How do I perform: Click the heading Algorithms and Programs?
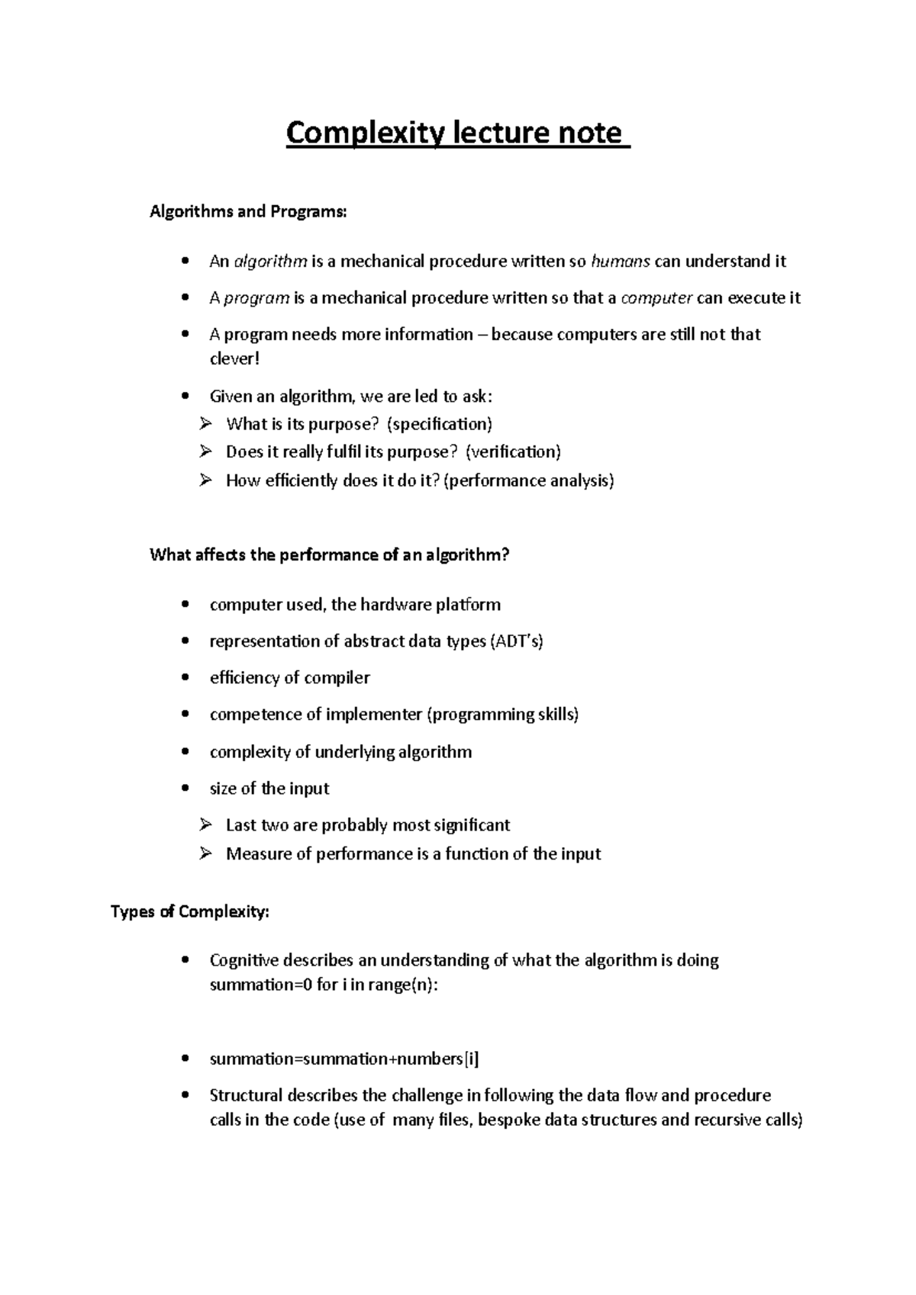coord(247,212)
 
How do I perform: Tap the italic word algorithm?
coord(270,262)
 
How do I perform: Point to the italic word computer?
coord(656,298)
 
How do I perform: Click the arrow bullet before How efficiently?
coord(205,480)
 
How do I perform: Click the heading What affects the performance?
coord(329,555)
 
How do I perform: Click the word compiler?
coord(337,678)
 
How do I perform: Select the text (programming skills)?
coord(502,715)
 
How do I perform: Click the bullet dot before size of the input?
coord(185,789)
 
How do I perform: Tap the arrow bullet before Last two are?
coord(205,825)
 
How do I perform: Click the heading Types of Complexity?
coord(190,912)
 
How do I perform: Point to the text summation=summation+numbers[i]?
coord(344,1059)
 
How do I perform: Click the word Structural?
coord(246,1096)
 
